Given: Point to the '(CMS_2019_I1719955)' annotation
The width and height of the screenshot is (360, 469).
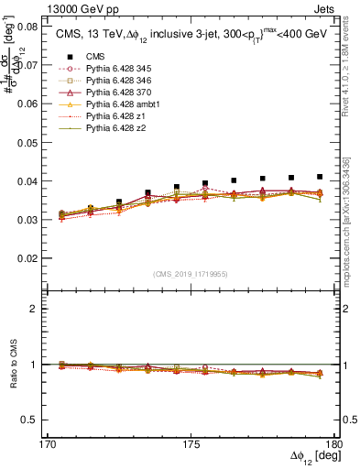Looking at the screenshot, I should pos(190,274).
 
